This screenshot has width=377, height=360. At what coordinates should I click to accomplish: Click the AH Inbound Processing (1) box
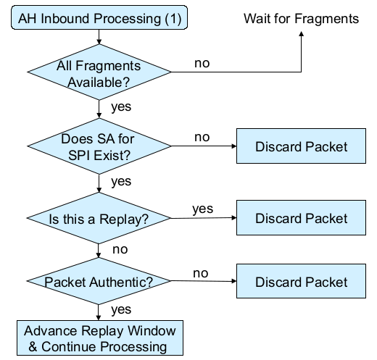pyautogui.click(x=99, y=17)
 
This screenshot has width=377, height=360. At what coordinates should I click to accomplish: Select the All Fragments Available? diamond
pyautogui.click(x=99, y=72)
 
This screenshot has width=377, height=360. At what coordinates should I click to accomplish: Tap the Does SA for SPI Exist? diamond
pyautogui.click(x=99, y=146)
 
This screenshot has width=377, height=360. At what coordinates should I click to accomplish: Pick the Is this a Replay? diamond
pyautogui.click(x=99, y=218)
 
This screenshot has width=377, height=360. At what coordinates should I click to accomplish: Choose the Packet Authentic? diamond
pyautogui.click(x=99, y=281)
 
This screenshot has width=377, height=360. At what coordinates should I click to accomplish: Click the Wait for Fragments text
pyautogui.click(x=301, y=19)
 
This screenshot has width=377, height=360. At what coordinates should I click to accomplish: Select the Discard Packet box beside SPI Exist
pyautogui.click(x=301, y=146)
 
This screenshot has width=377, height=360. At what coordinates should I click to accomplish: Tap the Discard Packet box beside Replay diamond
pyautogui.click(x=301, y=217)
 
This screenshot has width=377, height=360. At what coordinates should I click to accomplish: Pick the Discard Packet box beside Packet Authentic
pyautogui.click(x=301, y=281)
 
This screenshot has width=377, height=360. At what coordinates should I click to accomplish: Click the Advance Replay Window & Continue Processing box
pyautogui.click(x=100, y=338)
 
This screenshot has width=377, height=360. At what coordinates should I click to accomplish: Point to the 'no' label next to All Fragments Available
pyautogui.click(x=202, y=63)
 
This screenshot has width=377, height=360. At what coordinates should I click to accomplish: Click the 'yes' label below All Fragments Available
pyautogui.click(x=121, y=106)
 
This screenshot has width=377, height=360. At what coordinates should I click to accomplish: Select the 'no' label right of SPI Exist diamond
pyautogui.click(x=202, y=137)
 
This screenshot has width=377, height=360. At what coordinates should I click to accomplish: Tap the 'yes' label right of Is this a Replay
pyautogui.click(x=203, y=209)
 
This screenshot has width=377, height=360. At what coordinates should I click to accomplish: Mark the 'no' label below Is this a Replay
pyautogui.click(x=120, y=249)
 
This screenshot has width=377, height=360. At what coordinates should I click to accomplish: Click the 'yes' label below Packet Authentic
pyautogui.click(x=121, y=309)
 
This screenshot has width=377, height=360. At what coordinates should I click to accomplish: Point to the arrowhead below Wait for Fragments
pyautogui.click(x=301, y=34)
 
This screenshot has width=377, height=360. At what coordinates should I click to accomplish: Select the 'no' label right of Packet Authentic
pyautogui.click(x=201, y=273)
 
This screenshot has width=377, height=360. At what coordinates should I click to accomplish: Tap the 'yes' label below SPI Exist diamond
pyautogui.click(x=121, y=181)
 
